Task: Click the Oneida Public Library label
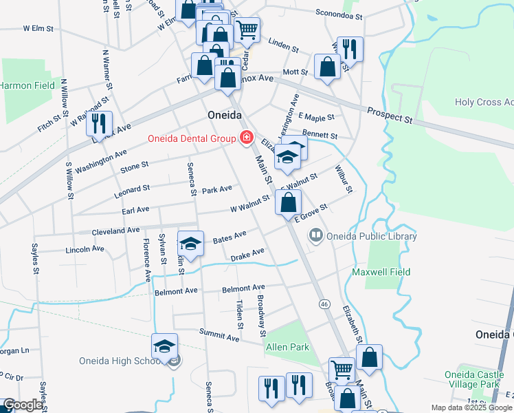(372, 236)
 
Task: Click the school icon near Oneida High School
(165, 346)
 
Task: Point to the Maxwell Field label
(381, 272)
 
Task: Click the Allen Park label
(287, 348)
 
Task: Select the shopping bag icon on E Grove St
(289, 202)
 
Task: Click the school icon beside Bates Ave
(191, 243)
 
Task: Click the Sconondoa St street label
(338, 13)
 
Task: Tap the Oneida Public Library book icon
(316, 236)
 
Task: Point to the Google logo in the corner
(22, 405)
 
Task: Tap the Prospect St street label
(389, 115)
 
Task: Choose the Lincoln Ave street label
(85, 250)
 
